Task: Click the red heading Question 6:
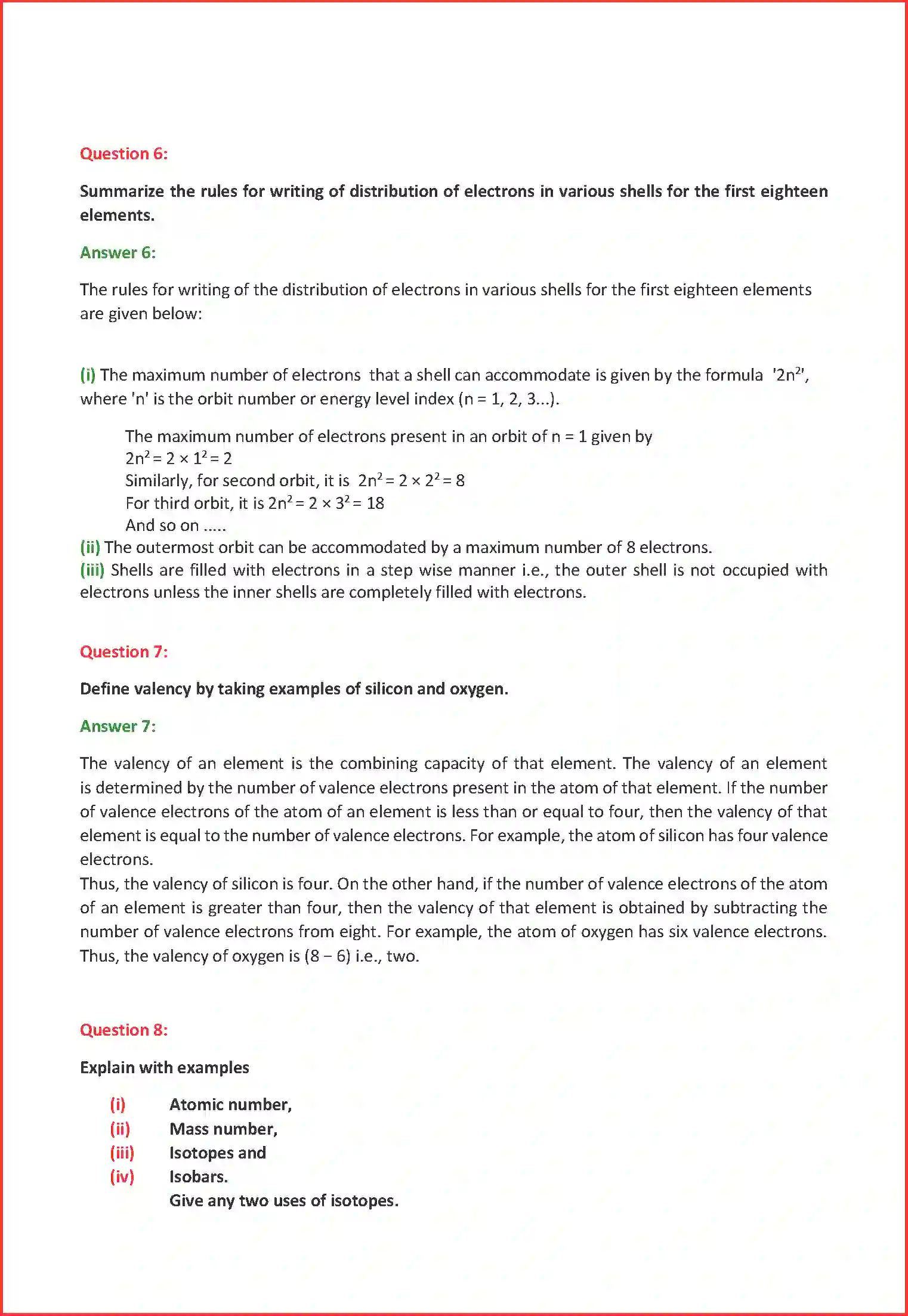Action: [123, 154]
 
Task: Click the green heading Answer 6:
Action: [118, 253]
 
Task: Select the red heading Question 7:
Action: [123, 652]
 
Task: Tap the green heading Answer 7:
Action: [118, 727]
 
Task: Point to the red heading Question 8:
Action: [123, 1030]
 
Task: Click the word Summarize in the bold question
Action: [122, 191]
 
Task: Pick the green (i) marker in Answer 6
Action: [88, 375]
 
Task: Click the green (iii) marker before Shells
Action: [92, 570]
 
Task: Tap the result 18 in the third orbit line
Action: [375, 503]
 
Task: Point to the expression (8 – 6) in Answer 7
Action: [327, 956]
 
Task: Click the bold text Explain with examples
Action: [165, 1068]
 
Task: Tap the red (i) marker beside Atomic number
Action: [118, 1105]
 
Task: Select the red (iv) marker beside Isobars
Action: [122, 1177]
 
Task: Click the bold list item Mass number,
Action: [223, 1129]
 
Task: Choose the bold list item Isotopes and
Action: [217, 1153]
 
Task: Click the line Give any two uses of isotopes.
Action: [283, 1201]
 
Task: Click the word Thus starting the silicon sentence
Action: [98, 884]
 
